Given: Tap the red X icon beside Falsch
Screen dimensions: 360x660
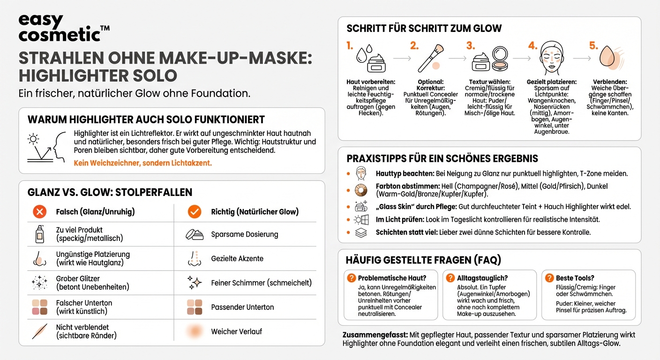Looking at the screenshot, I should pyautogui.click(x=40, y=212).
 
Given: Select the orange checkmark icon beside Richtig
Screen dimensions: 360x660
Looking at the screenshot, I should pyautogui.click(x=194, y=212).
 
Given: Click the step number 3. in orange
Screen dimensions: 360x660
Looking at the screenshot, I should pyautogui.click(x=471, y=46).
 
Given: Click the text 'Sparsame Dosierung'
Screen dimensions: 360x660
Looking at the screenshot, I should pyautogui.click(x=244, y=234).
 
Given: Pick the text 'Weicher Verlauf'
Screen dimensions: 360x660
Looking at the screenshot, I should pyautogui.click(x=236, y=331).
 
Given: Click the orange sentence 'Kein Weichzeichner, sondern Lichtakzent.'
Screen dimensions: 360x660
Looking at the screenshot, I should pyautogui.click(x=143, y=163).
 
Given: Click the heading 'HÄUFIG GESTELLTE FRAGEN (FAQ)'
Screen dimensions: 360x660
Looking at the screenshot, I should pyautogui.click(x=423, y=260).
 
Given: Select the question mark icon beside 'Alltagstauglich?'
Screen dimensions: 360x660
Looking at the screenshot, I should pyautogui.click(x=450, y=278).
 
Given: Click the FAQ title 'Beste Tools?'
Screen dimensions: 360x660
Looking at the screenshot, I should pyautogui.click(x=575, y=278).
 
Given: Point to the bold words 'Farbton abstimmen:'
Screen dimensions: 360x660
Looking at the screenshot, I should pyautogui.click(x=407, y=186).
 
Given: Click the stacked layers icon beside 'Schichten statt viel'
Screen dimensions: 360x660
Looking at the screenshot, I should pyautogui.click(x=361, y=232).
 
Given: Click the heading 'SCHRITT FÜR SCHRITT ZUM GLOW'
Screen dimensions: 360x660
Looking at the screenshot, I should pyautogui.click(x=424, y=29).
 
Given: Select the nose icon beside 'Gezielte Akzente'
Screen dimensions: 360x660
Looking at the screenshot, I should pyautogui.click(x=194, y=258).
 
